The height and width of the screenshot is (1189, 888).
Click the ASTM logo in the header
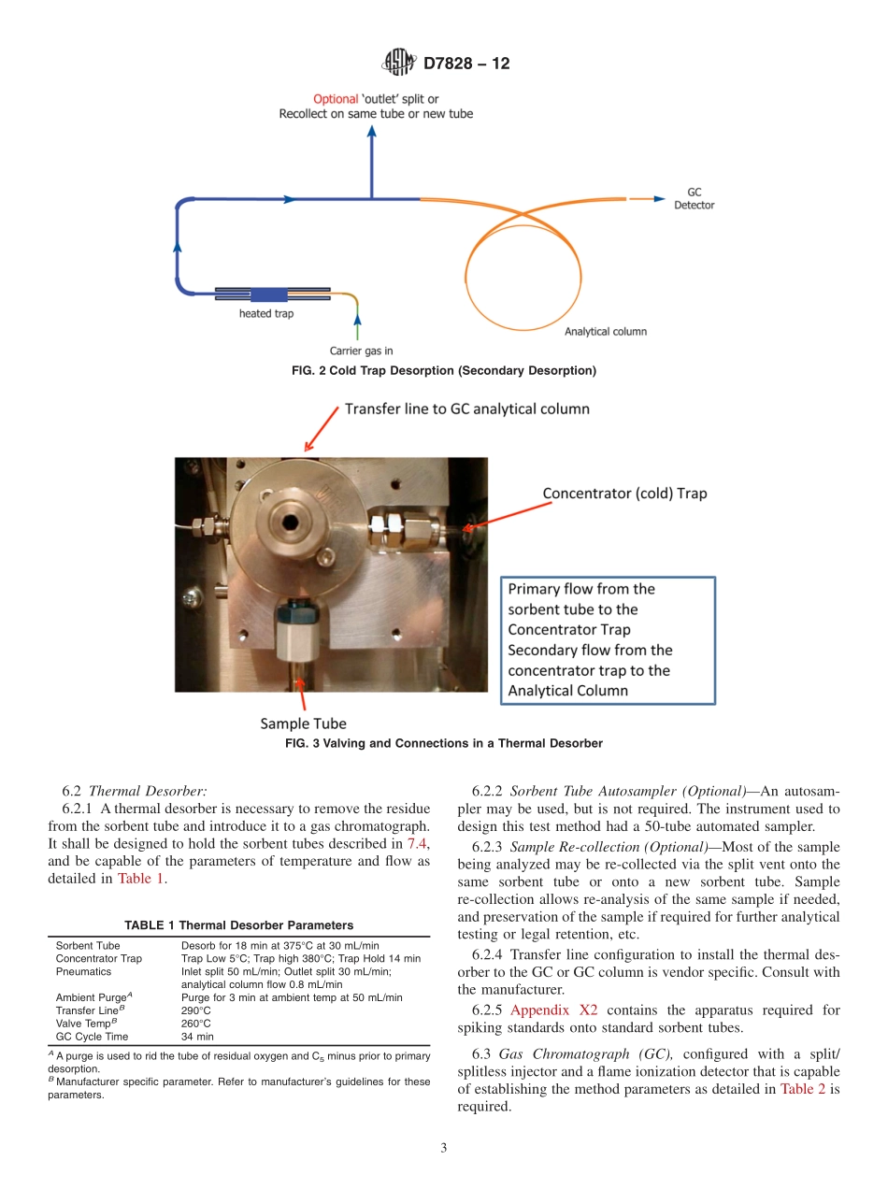pyautogui.click(x=397, y=63)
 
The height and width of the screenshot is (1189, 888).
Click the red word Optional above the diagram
pyautogui.click(x=335, y=98)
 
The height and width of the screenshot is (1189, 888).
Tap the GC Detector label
pyautogui.click(x=694, y=198)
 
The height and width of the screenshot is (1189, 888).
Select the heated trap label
pyautogui.click(x=265, y=314)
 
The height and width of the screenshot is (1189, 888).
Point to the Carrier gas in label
pyautogui.click(x=362, y=351)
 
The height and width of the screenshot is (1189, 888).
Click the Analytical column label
pyautogui.click(x=605, y=332)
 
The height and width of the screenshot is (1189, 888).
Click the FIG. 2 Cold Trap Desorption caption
pyautogui.click(x=444, y=371)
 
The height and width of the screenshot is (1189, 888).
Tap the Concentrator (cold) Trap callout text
pyautogui.click(x=624, y=494)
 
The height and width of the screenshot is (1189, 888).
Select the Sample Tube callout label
pyautogui.click(x=303, y=723)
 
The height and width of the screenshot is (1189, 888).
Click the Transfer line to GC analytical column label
pyautogui.click(x=467, y=408)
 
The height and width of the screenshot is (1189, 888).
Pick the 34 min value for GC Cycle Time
pyautogui.click(x=197, y=1037)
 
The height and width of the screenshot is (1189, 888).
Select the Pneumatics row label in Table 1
pyautogui.click(x=83, y=971)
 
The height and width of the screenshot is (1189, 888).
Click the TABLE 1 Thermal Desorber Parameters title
pyautogui.click(x=238, y=925)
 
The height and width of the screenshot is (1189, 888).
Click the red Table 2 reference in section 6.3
pyautogui.click(x=802, y=1088)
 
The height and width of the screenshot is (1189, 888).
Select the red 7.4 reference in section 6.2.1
pyautogui.click(x=417, y=843)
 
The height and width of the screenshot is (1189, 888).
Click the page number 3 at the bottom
pyautogui.click(x=444, y=1149)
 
